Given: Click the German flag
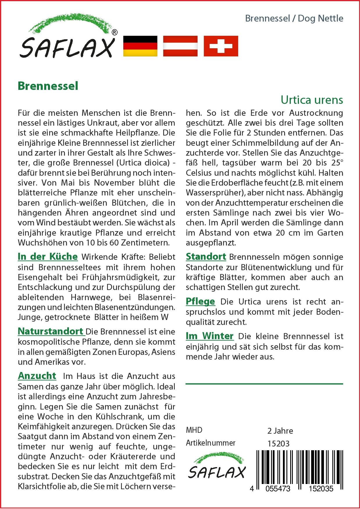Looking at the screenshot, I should pyautogui.click(x=140, y=46).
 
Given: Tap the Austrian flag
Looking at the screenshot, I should pyautogui.click(x=180, y=46).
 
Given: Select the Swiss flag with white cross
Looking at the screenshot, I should pyautogui.click(x=221, y=46).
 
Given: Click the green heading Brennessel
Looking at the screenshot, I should pyautogui.click(x=48, y=86).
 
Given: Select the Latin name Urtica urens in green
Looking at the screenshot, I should pyautogui.click(x=312, y=100).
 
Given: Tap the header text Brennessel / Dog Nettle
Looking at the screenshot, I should pyautogui.click(x=294, y=18).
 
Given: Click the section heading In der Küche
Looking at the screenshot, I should pyautogui.click(x=48, y=257).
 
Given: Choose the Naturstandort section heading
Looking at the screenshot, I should pyautogui.click(x=51, y=331).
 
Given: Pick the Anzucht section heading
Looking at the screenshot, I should pyautogui.click(x=37, y=376).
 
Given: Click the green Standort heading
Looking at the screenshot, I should pyautogui.click(x=206, y=257).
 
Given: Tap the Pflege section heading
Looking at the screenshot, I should pyautogui.click(x=200, y=301).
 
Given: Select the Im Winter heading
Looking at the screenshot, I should pyautogui.click(x=209, y=336).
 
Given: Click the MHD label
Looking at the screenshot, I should pyautogui.click(x=194, y=430).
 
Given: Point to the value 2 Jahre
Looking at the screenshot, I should pyautogui.click(x=280, y=431).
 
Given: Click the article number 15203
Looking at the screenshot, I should pyautogui.click(x=278, y=444).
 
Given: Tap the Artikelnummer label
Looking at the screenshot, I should pyautogui.click(x=211, y=443).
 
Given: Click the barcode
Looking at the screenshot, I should pyautogui.click(x=297, y=468).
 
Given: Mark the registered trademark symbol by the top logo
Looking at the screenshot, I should pyautogui.click(x=115, y=33).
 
